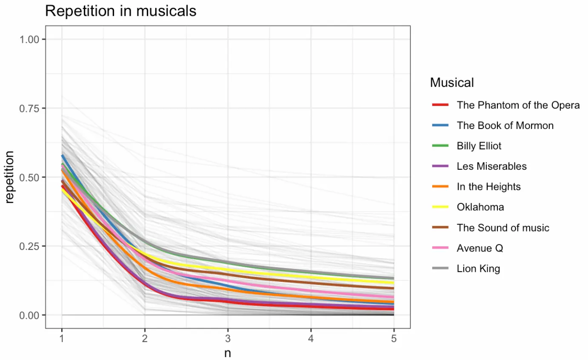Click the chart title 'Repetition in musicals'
(120, 11)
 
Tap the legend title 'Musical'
(452, 82)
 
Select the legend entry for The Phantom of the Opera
(518, 105)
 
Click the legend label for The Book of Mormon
(505, 126)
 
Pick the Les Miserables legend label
(491, 166)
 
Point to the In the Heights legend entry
(488, 187)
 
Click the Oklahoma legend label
(480, 207)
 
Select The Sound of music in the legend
(503, 228)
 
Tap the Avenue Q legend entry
(480, 248)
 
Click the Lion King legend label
(478, 269)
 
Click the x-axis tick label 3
(228, 338)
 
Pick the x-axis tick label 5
(394, 338)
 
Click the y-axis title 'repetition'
(10, 177)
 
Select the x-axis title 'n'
(228, 353)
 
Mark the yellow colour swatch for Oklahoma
(440, 207)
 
